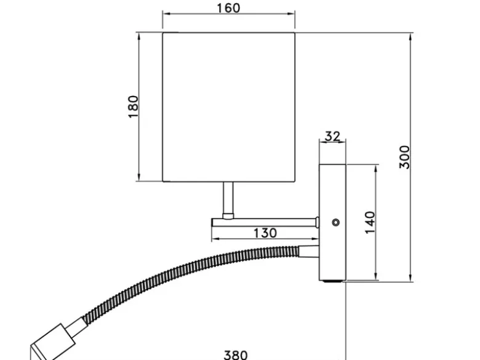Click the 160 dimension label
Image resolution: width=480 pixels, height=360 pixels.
(228, 8)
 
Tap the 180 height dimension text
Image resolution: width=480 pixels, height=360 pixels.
(134, 106)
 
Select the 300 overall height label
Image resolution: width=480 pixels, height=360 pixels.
(404, 157)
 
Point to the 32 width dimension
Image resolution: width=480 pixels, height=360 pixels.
(332, 137)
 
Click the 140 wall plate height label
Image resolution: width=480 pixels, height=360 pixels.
(370, 222)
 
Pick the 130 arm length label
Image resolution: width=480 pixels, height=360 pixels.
(265, 233)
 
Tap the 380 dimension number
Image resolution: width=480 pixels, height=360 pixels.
(236, 355)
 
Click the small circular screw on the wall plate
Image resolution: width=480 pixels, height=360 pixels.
(335, 222)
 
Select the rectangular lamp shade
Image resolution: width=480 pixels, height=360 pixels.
(229, 107)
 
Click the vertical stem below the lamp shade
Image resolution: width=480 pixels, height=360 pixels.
(228, 198)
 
